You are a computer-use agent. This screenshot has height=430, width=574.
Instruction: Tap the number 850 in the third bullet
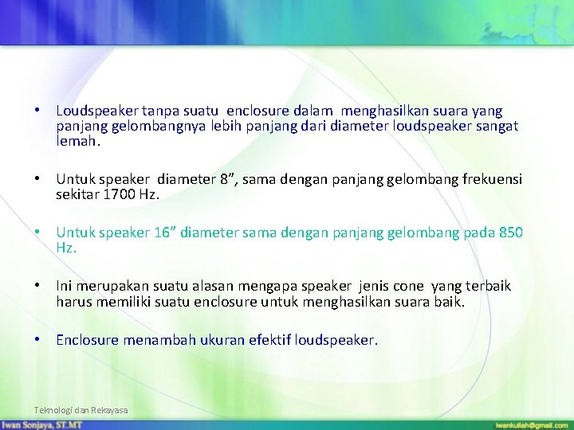click(510, 233)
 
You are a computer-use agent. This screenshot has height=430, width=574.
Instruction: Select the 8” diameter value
click(229, 180)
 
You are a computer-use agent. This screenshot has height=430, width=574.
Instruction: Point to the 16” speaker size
click(164, 233)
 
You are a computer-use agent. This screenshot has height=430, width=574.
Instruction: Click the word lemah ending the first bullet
click(78, 141)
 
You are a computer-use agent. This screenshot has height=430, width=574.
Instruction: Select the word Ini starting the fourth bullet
click(65, 286)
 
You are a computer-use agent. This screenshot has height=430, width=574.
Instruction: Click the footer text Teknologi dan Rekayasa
click(81, 410)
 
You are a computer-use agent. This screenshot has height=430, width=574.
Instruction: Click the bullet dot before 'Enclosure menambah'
click(38, 340)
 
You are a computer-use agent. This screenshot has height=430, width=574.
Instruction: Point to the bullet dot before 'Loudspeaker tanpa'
click(38, 111)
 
